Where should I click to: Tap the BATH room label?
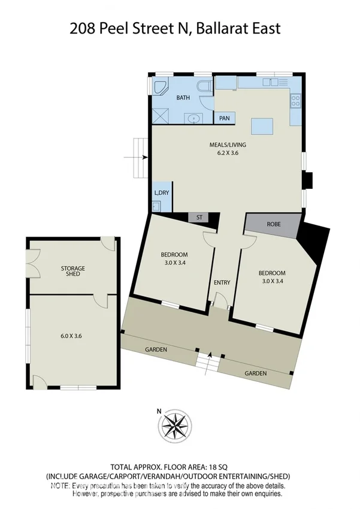(183, 97)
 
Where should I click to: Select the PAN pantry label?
(225, 118)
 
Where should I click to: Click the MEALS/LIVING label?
(228, 144)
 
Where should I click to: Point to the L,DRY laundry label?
(162, 192)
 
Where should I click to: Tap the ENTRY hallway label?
(222, 282)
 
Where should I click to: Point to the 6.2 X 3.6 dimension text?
(228, 153)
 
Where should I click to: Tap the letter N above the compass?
(159, 411)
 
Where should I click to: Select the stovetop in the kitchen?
(295, 101)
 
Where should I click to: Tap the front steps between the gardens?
(209, 362)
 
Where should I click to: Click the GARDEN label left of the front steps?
(155, 350)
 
